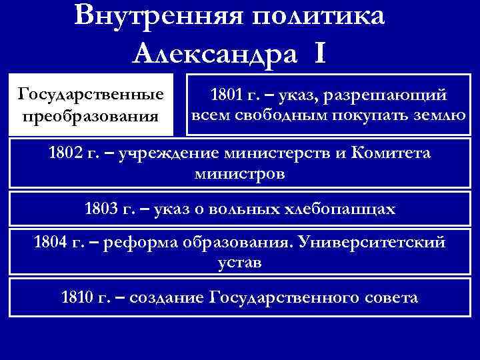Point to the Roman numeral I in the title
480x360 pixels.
(x=317, y=51)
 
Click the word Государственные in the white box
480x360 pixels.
(x=92, y=91)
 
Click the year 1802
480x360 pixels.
(x=66, y=153)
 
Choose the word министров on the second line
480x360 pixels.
(x=239, y=174)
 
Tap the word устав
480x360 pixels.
(x=239, y=262)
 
